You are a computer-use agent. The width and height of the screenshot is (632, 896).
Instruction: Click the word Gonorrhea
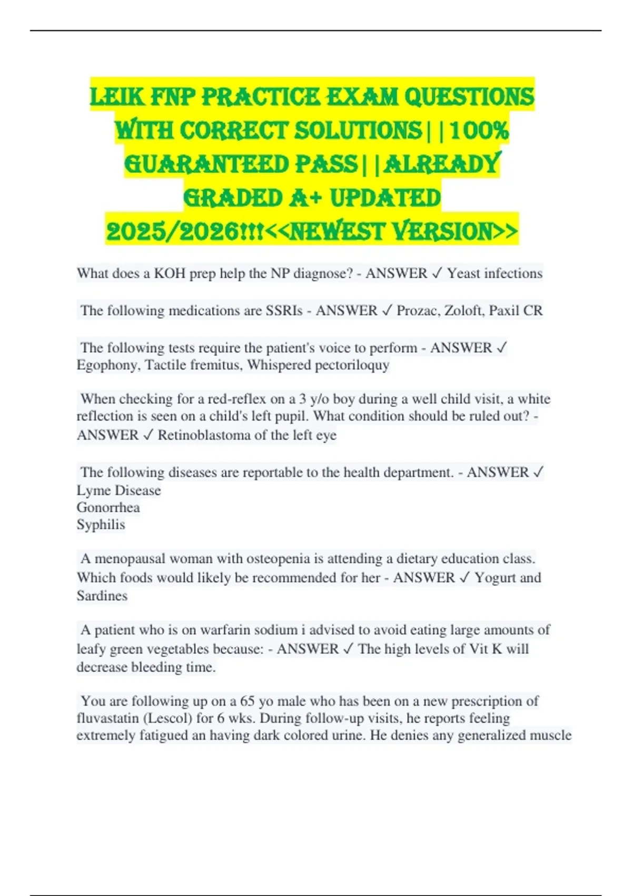coord(108,508)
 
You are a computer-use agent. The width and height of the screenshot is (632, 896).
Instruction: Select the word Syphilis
coord(101,525)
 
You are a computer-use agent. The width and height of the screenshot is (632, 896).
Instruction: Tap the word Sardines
coord(102,596)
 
